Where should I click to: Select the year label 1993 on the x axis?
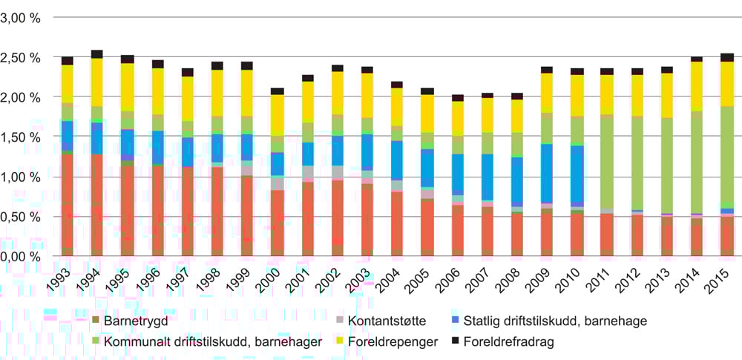(x=63, y=277)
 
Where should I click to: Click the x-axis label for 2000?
(x=273, y=277)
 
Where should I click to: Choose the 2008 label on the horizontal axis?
(x=513, y=277)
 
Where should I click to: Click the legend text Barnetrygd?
(x=134, y=321)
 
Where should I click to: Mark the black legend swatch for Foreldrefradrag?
(x=457, y=342)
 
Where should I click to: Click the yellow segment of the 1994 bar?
(x=97, y=82)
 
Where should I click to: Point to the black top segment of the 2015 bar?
(x=727, y=57)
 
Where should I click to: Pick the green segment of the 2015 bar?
(x=727, y=156)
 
